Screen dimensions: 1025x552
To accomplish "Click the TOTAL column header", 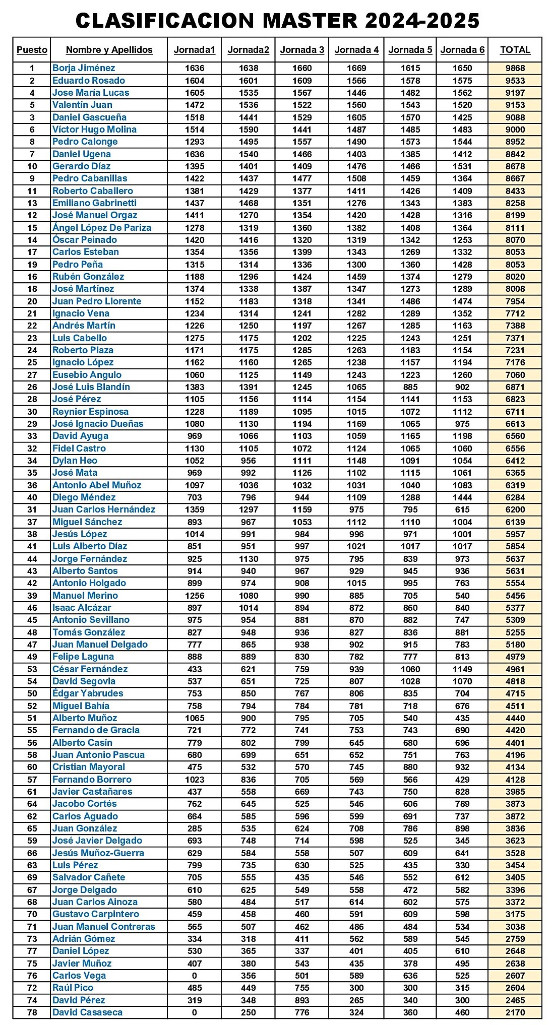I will click(515, 49).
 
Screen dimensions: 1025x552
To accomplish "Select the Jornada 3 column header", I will click(302, 49).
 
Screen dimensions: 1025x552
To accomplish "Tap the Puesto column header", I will click(32, 49).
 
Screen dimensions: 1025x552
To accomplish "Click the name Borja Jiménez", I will click(84, 68).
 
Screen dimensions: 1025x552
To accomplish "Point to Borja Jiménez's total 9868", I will click(515, 68).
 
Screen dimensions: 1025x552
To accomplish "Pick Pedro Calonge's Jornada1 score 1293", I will click(195, 142).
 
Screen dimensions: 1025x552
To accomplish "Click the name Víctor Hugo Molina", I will click(94, 130).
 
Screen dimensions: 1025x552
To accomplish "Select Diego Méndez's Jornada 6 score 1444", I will click(462, 497).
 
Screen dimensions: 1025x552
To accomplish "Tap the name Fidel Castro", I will click(79, 449).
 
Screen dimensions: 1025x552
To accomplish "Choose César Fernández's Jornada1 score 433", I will click(195, 669).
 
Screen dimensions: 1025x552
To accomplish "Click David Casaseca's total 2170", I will click(515, 1012).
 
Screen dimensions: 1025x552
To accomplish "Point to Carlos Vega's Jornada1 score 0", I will click(195, 976).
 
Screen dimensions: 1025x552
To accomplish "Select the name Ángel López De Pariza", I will click(102, 228).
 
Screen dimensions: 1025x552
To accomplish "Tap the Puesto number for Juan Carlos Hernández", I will click(32, 509).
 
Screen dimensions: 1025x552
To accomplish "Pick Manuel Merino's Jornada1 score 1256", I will click(195, 596).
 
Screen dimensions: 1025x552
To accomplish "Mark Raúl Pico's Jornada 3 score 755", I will click(302, 988).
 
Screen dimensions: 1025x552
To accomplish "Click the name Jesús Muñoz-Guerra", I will click(98, 853).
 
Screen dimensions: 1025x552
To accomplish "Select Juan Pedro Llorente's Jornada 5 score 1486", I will click(410, 301).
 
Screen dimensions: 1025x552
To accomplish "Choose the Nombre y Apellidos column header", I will click(109, 49).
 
